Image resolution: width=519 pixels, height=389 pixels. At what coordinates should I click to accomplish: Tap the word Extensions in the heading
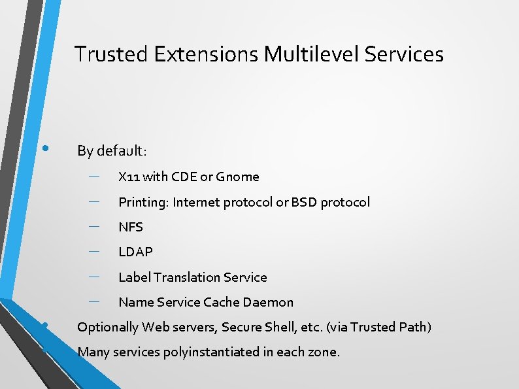coord(207,54)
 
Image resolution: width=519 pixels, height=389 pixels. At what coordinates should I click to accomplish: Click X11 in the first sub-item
coord(129,177)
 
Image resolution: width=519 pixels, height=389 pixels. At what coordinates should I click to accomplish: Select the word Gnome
coord(237,177)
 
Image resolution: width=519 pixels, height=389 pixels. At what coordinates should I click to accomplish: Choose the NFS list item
coord(131,227)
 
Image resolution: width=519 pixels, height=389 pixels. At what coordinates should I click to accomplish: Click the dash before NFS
coord(93,226)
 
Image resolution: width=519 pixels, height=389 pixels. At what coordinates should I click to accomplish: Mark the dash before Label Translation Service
coord(93,276)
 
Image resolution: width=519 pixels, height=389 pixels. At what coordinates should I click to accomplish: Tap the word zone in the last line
coord(322,352)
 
